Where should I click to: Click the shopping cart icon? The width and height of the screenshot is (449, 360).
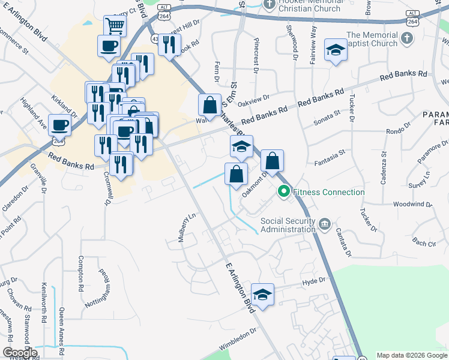(115, 26)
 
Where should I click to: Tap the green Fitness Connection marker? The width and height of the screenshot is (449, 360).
(283, 192)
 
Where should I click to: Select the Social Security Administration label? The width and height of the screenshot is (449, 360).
(288, 225)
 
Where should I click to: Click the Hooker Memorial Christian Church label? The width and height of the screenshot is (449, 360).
(310, 5)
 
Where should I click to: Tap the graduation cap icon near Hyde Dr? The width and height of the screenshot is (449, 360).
(262, 294)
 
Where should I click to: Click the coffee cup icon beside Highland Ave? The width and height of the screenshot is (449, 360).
(59, 125)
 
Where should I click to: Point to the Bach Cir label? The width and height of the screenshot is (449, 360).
(424, 243)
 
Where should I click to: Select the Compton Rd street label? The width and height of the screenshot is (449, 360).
(82, 272)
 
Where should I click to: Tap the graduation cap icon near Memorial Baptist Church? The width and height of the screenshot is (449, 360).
(336, 50)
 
